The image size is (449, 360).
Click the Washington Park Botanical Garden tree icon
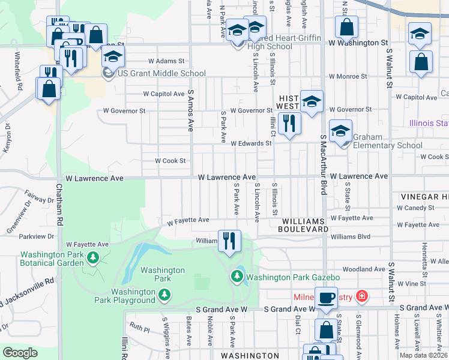pos(92,258)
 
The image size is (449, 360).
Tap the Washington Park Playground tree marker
pos(164,294)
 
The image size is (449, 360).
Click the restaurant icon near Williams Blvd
pos(229,241)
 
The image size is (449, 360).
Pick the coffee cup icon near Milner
pos(326,298)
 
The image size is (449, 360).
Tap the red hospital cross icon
pos(361,296)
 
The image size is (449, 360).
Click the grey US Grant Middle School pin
pos(108,73)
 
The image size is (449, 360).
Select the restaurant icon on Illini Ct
pos(289,124)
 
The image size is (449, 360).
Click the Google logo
pos(20,353)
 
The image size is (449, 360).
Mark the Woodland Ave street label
pos(363,269)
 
